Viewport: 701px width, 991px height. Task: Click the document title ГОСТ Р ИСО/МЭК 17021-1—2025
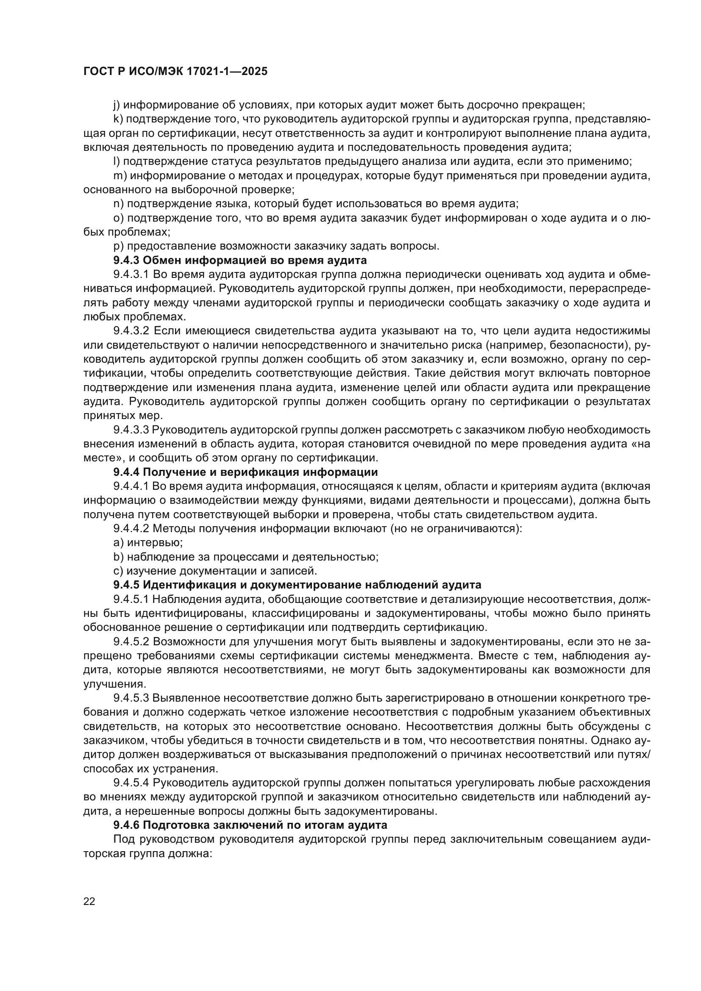coord(175,71)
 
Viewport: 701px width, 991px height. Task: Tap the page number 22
coord(89,901)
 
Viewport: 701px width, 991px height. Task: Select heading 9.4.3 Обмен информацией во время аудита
coord(240,260)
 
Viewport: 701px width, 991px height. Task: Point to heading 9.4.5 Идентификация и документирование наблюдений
coord(297,585)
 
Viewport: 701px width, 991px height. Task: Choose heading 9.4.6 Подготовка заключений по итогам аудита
coord(250,825)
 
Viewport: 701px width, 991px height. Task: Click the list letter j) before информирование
coord(117,105)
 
